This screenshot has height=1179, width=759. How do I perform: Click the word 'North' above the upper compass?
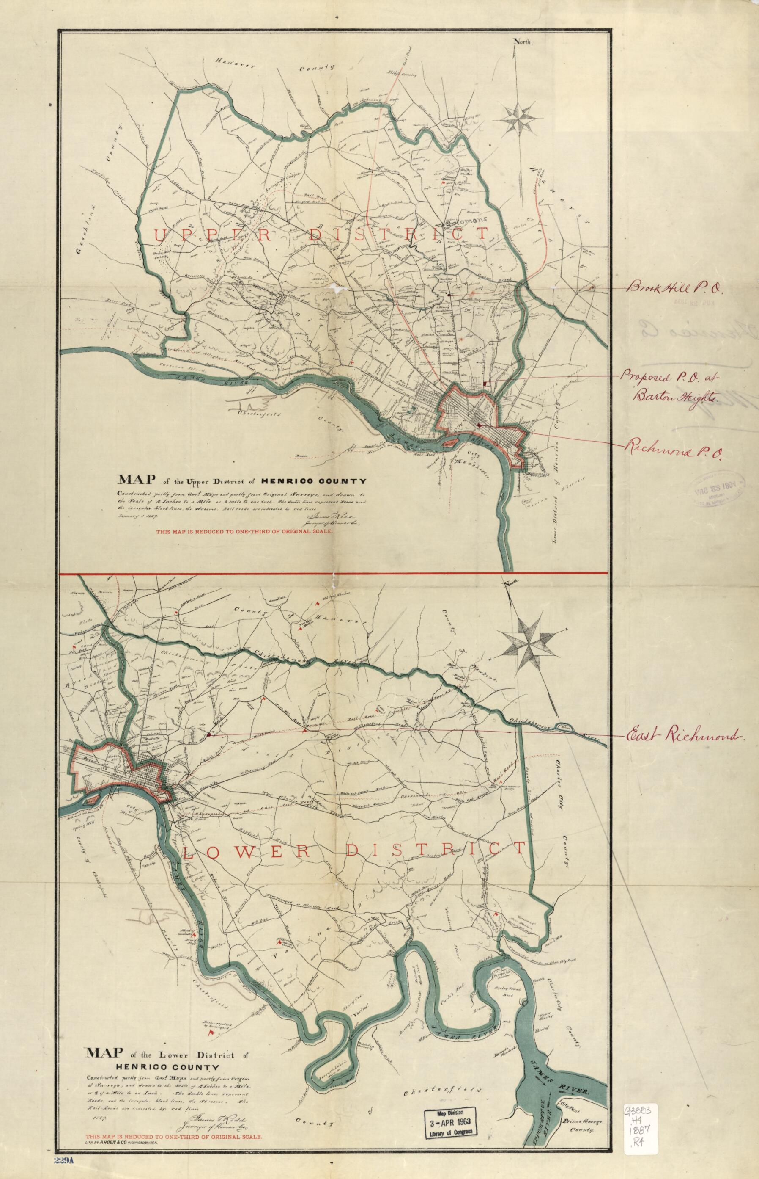pyautogui.click(x=523, y=42)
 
